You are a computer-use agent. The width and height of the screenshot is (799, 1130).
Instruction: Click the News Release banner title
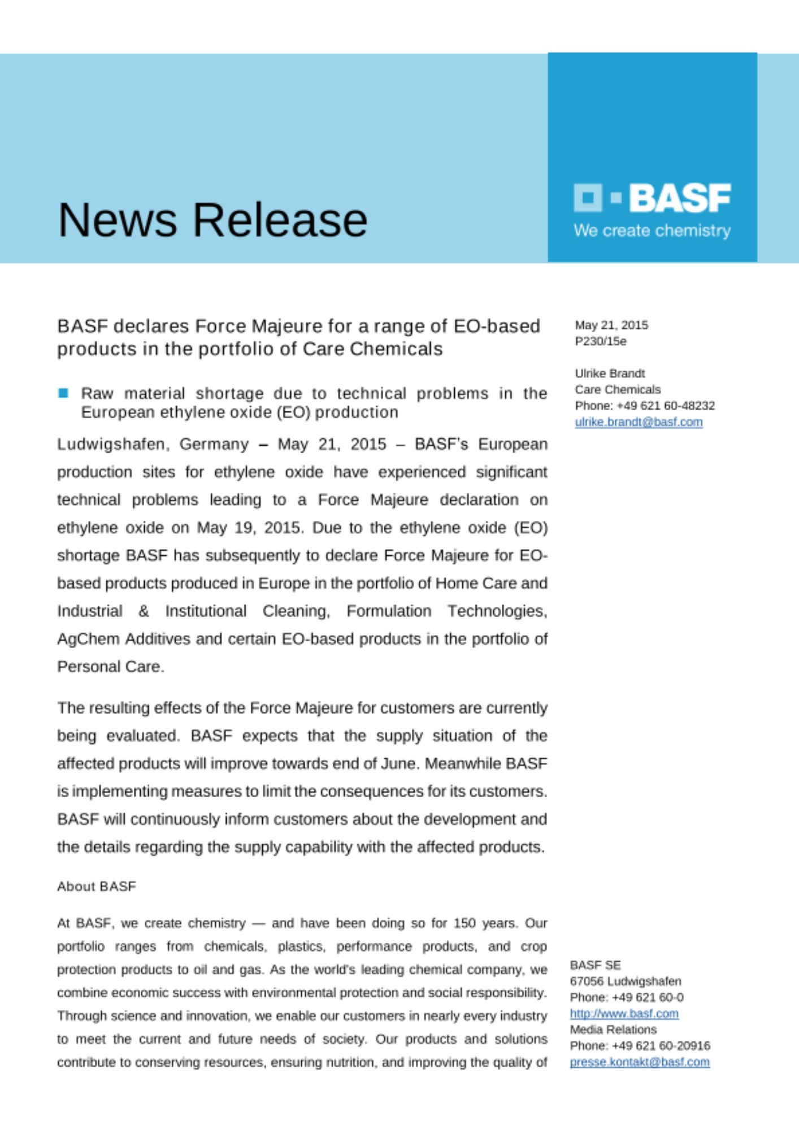[212, 220]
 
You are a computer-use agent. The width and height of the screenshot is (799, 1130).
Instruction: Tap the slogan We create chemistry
[652, 231]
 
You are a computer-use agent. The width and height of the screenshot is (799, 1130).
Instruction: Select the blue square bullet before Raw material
[63, 393]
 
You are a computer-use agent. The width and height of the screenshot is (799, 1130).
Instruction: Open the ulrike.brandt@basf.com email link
[639, 422]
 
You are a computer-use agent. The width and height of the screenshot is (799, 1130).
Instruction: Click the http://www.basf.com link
[624, 1014]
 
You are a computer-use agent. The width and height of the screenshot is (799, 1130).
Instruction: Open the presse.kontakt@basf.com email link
[640, 1062]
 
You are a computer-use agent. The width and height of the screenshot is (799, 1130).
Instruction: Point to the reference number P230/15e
[601, 341]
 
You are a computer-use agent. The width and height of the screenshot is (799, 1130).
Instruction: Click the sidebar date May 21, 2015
[611, 325]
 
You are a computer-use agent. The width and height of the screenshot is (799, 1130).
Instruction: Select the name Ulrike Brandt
[610, 373]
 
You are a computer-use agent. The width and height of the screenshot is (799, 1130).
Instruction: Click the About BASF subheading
[97, 886]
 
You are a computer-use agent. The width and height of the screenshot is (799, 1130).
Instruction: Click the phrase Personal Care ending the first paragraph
[110, 667]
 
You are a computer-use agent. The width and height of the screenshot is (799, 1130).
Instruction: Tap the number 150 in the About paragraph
[464, 923]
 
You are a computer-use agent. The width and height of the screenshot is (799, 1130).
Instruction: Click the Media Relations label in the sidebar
[613, 1029]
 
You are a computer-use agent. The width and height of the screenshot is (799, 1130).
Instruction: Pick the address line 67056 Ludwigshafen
[626, 981]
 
